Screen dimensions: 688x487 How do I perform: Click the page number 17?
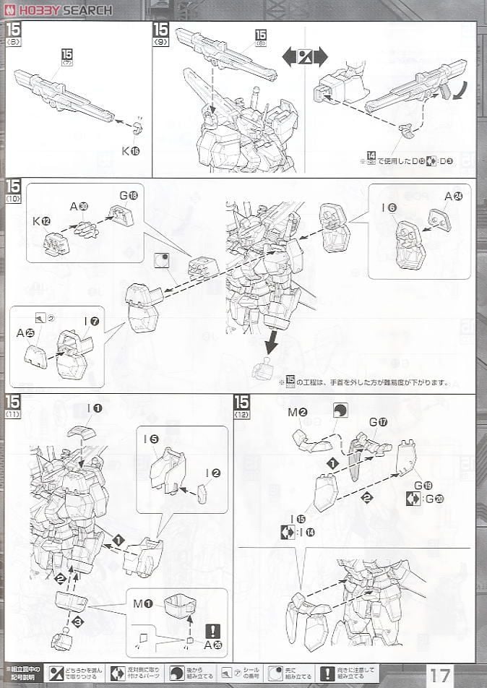coord(441,676)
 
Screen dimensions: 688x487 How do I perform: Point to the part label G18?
coord(128,196)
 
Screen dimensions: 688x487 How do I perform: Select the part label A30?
coord(79,207)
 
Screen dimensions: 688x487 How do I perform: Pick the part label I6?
coord(388,208)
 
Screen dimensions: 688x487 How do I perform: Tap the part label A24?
coord(453,196)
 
